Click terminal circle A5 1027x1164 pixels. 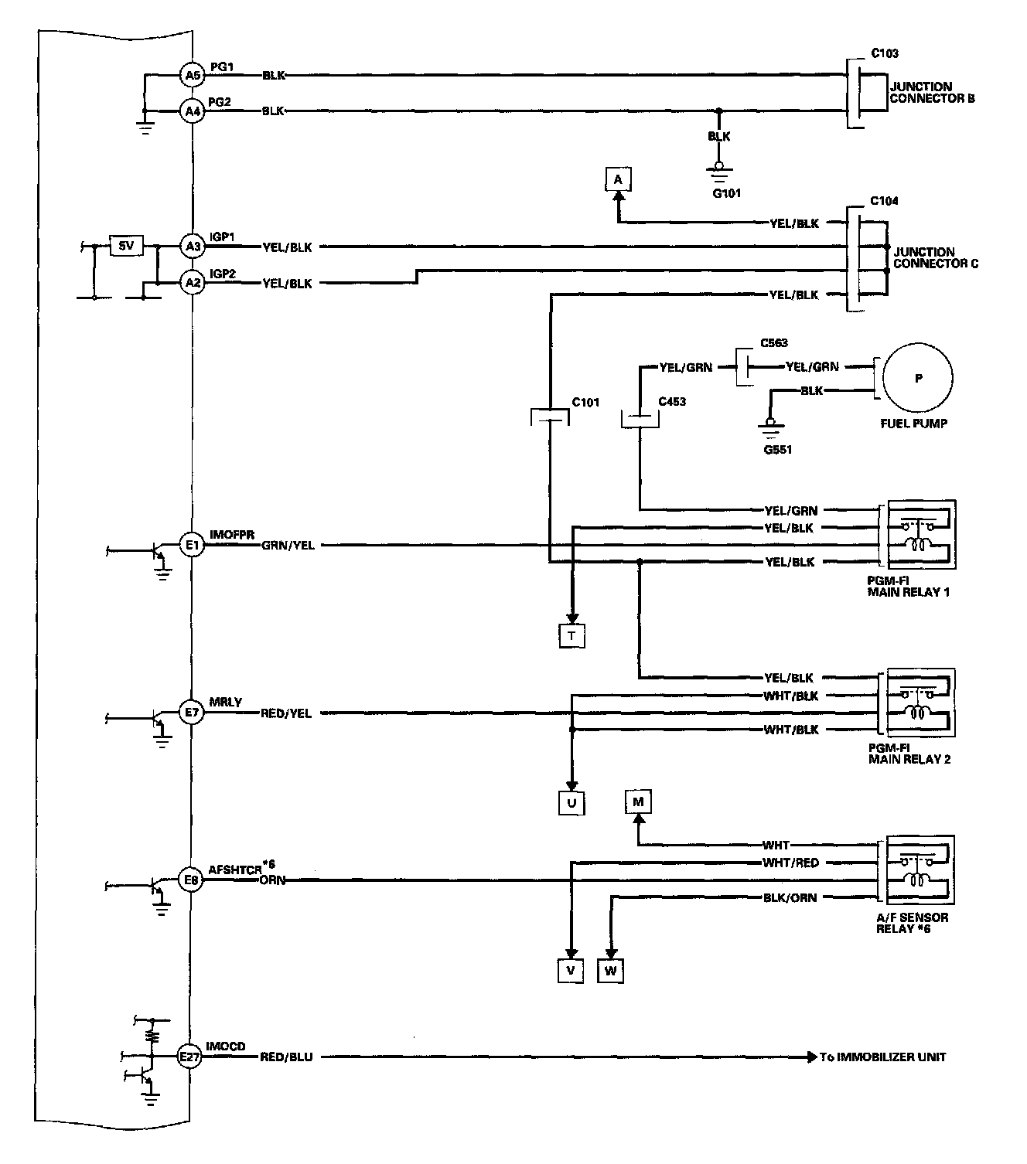tap(192, 75)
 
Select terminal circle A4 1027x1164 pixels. tap(192, 111)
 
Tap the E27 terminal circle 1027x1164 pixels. tap(189, 1057)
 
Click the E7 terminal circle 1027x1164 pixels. tap(192, 713)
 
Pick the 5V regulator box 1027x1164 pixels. tap(125, 247)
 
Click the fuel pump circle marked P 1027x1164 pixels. tap(918, 379)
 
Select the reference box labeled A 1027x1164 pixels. tap(617, 180)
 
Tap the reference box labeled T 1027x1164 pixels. tap(572, 635)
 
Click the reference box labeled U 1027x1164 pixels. tap(572, 803)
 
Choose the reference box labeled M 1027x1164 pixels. tap(638, 802)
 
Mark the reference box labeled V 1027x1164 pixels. tap(570, 971)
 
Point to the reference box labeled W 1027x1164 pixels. tap(611, 971)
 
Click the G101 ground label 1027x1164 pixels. tap(726, 192)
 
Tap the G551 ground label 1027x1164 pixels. tap(777, 449)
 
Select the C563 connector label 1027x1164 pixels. tap(773, 343)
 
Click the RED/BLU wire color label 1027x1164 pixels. tap(286, 1057)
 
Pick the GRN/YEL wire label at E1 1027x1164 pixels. tap(288, 545)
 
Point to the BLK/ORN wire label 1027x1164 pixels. tap(790, 897)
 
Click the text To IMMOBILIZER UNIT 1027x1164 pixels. tap(883, 1057)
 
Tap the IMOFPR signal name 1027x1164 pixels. tap(232, 535)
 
